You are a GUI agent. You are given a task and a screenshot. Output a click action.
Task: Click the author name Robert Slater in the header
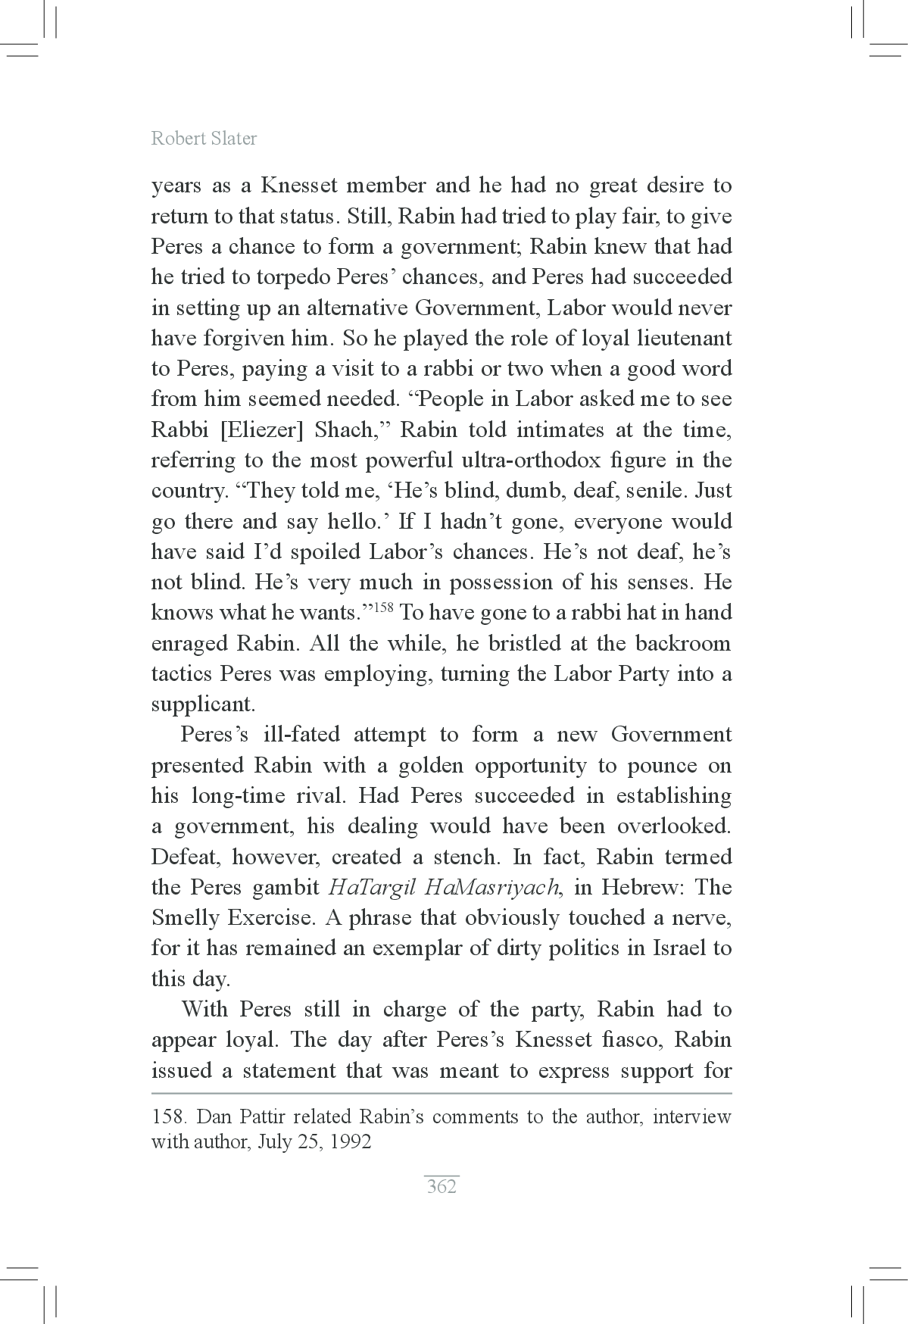click(x=204, y=138)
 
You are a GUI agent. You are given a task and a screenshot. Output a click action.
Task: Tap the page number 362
click(x=442, y=1186)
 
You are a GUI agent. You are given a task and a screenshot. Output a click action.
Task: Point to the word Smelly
click(x=186, y=918)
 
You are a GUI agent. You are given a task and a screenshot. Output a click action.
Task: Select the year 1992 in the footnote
click(x=350, y=1141)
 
